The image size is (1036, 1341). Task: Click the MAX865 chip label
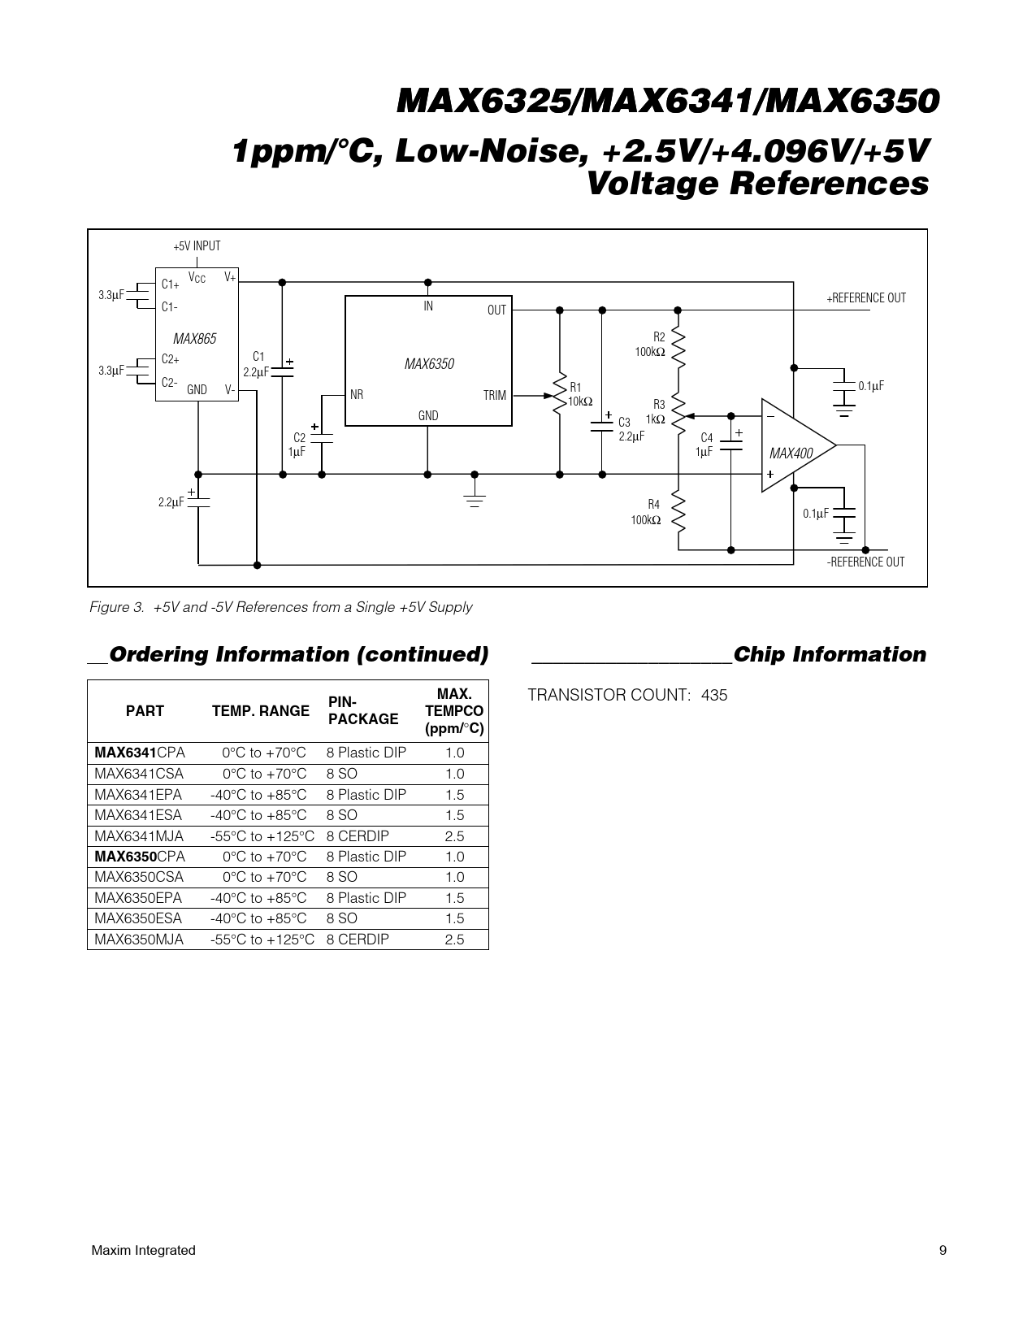194,339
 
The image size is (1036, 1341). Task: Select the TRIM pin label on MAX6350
494,395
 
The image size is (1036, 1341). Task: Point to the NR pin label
357,394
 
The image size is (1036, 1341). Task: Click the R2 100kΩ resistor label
650,345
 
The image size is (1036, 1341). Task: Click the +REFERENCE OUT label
866,298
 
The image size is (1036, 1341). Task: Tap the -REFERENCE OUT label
865,562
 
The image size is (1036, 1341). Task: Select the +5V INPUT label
197,245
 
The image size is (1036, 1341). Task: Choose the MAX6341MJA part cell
139,836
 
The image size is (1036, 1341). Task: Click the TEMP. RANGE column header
260,711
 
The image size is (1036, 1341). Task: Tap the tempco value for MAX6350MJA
455,940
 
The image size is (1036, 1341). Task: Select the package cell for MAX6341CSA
342,774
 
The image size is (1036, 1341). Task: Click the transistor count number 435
714,695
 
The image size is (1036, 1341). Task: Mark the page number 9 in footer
943,1250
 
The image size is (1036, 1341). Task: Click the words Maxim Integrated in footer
143,1250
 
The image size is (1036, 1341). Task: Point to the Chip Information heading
830,654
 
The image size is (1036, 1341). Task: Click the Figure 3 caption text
281,607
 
